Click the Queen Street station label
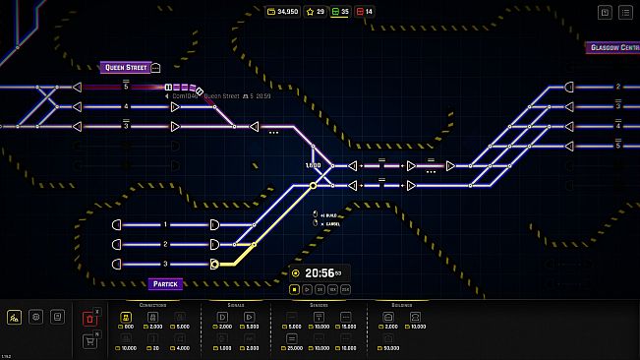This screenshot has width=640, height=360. (x=126, y=68)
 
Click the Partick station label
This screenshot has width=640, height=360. (x=164, y=284)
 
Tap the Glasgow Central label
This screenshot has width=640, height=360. (x=611, y=47)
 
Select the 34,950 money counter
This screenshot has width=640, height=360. (x=283, y=12)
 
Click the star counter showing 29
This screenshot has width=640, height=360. (x=317, y=12)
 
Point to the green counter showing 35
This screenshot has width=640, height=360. (x=340, y=12)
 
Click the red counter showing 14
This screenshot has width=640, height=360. (x=365, y=12)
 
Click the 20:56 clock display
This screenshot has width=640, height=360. (x=320, y=273)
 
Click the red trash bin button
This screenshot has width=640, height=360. (x=91, y=318)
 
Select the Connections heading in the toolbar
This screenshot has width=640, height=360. (x=153, y=306)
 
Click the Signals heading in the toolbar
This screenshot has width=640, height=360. (x=236, y=306)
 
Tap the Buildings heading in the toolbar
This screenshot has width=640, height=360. (x=402, y=306)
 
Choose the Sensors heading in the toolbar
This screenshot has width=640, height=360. (x=320, y=306)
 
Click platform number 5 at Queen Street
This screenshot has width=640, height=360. (x=126, y=87)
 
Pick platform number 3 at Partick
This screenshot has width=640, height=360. (x=166, y=264)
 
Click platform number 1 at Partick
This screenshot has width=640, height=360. (x=166, y=224)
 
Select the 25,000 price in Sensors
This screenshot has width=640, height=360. (x=295, y=348)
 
